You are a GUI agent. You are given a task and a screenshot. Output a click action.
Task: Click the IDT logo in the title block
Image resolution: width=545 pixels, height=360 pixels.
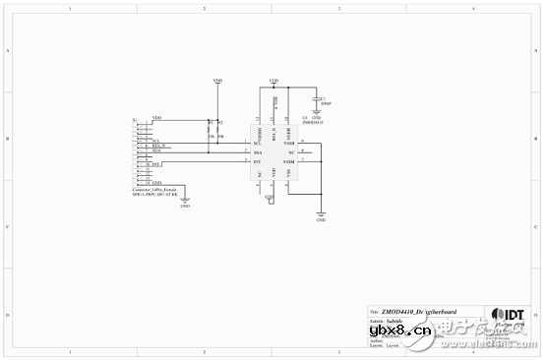coord(509,314)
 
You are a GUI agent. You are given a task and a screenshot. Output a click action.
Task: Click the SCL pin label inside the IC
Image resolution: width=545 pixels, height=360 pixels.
coord(257,144)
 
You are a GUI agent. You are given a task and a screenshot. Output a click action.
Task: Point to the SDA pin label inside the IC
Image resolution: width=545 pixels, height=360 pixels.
coord(257,152)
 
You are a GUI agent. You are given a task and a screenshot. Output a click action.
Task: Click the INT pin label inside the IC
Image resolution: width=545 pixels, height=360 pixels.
coord(257,161)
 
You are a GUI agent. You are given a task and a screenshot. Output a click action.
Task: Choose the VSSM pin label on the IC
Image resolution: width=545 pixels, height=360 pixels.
coord(289,161)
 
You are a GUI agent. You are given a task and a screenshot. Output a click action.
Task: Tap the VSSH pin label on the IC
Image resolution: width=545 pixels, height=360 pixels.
coord(289,144)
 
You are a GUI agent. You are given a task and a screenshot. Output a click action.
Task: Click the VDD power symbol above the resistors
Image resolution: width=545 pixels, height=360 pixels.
coord(217,82)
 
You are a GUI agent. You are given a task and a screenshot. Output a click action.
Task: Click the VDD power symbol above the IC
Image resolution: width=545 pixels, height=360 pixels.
coord(272,81)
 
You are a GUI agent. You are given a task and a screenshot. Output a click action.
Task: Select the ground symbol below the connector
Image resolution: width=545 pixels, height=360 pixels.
coord(185,202)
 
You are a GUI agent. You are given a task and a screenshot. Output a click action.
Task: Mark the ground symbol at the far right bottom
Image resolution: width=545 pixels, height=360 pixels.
coord(321,215)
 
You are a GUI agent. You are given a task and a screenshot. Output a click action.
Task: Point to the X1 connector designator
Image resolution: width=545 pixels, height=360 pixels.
coord(135,120)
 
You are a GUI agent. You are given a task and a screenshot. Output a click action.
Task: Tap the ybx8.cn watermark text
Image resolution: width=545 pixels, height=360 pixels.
coord(392,329)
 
